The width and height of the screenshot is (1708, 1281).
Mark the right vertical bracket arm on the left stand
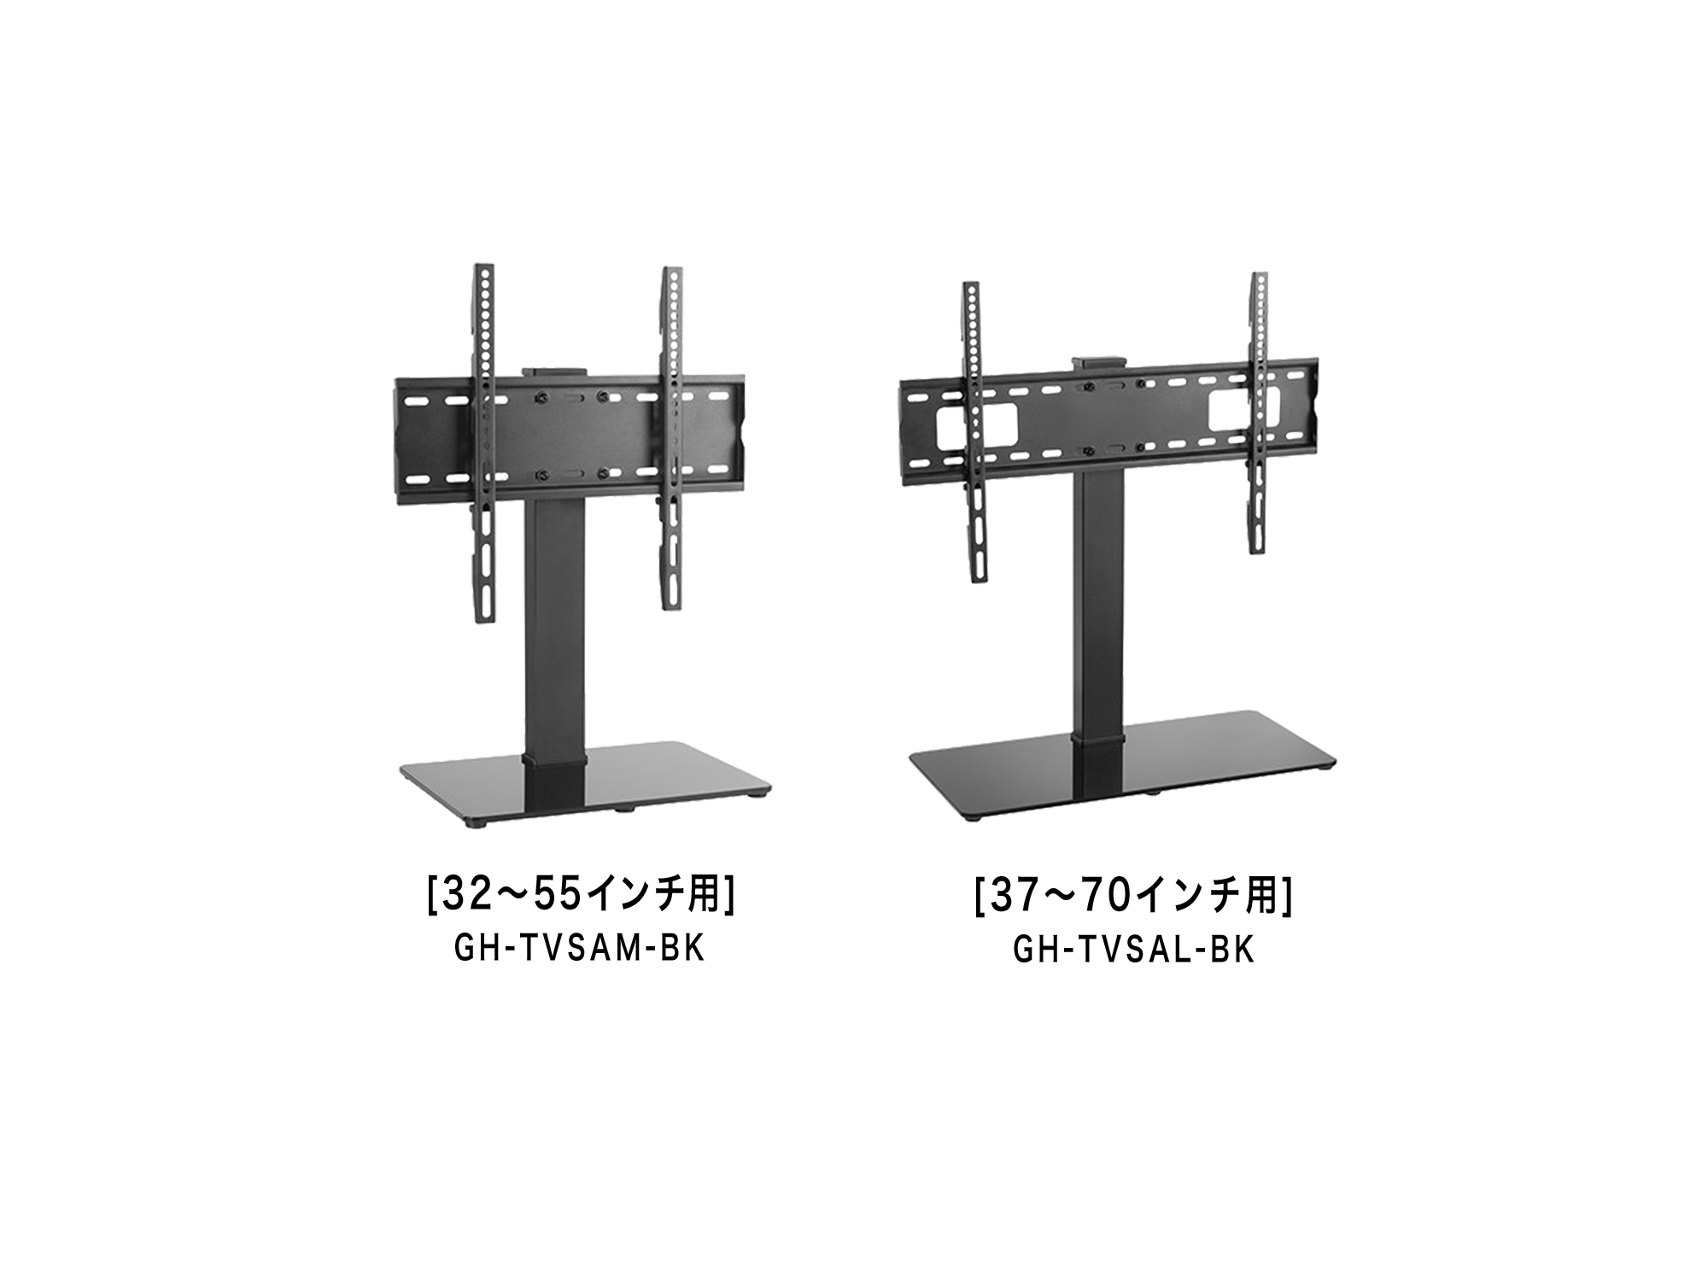click(672, 440)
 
